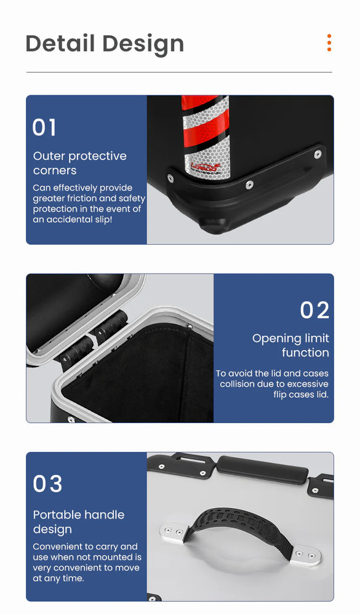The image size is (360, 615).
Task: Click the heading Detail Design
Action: coord(105,44)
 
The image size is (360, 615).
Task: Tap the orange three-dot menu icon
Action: coord(329,43)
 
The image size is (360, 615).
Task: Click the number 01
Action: coord(44,127)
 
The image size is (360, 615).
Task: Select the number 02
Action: coord(314,310)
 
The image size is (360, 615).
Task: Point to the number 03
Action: coord(47,483)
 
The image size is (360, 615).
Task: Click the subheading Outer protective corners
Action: coord(80,163)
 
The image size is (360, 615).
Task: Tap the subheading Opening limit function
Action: coord(290,345)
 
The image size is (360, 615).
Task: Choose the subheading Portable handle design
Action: coord(79,522)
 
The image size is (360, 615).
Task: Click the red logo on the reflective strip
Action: coord(204,166)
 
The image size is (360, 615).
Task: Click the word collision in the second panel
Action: coord(239,384)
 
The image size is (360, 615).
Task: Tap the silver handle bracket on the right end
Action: coord(305,556)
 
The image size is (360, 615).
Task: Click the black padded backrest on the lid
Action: coord(263,470)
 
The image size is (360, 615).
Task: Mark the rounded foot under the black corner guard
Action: coord(214,226)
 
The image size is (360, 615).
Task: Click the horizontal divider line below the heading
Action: coord(179,72)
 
